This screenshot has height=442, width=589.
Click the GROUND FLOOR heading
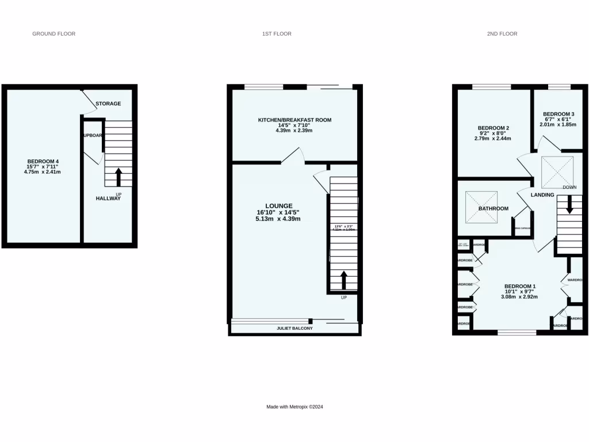pyautogui.click(x=53, y=34)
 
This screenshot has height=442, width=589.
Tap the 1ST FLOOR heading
pyautogui.click(x=276, y=34)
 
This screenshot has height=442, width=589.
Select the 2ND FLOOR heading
pyautogui.click(x=502, y=34)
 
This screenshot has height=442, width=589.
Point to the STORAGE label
pyautogui.click(x=108, y=104)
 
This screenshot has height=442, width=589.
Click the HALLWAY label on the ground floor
pyautogui.click(x=108, y=199)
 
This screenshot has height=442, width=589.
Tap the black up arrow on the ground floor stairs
pyautogui.click(x=118, y=176)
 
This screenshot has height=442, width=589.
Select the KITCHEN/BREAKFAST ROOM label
pyautogui.click(x=294, y=120)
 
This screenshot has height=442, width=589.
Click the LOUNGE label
pyautogui.click(x=279, y=205)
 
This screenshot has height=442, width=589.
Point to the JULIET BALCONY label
pyautogui.click(x=294, y=329)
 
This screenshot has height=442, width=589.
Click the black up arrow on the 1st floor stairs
pyautogui.click(x=344, y=280)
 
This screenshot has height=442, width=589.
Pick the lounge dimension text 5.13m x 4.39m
pyautogui.click(x=278, y=219)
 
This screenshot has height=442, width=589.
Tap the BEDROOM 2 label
pyautogui.click(x=494, y=128)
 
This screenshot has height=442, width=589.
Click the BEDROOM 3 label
pyautogui.click(x=558, y=114)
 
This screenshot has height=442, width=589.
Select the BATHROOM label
pyautogui.click(x=494, y=208)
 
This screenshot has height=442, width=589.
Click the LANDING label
pyautogui.click(x=542, y=195)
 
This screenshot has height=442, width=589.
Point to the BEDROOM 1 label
pyautogui.click(x=520, y=287)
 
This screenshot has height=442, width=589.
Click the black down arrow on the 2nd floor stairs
pyautogui.click(x=570, y=204)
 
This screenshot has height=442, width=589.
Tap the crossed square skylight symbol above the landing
pyautogui.click(x=557, y=169)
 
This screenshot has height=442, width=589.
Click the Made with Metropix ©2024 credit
pyautogui.click(x=294, y=407)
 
